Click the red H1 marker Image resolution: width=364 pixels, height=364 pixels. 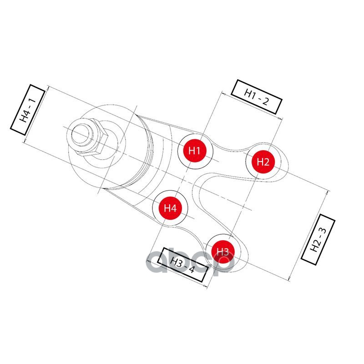(195, 151)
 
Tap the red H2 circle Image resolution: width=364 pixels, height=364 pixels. (263, 162)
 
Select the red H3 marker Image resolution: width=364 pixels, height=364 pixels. (223, 252)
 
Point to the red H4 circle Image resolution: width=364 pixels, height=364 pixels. (170, 208)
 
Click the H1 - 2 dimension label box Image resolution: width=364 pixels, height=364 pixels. (257, 97)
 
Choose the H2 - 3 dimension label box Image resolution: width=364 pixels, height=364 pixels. (318, 240)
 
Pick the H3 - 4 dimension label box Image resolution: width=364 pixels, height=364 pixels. (182, 265)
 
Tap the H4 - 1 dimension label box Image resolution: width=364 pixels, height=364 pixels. (28, 110)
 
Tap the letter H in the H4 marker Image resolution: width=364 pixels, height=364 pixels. (167, 208)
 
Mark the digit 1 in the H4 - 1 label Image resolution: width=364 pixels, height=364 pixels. (32, 101)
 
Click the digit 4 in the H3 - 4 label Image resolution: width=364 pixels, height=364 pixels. (191, 269)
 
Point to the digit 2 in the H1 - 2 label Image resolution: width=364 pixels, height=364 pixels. (265, 101)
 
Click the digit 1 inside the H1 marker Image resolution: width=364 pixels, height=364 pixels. (198, 151)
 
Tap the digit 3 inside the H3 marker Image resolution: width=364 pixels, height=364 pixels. (226, 252)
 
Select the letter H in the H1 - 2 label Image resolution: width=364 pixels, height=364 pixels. (248, 93)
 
